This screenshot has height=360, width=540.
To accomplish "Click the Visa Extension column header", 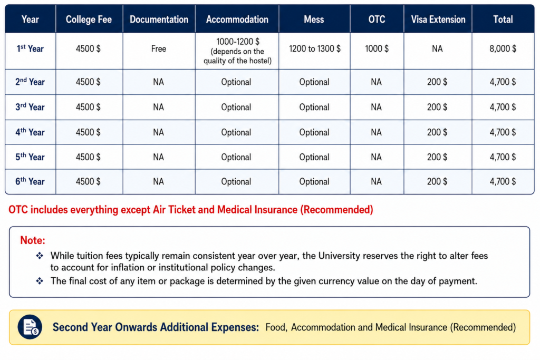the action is click(x=438, y=20).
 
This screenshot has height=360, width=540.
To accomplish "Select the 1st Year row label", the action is click(x=30, y=48).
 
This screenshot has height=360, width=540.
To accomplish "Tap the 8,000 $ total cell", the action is click(x=503, y=48).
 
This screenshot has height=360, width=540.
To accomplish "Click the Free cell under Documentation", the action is click(x=158, y=48).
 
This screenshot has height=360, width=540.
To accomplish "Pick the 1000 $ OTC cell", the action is click(x=377, y=48).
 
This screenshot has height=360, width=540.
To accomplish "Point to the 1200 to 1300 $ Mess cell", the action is click(x=314, y=48).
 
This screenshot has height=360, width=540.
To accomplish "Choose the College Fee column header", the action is click(x=89, y=20).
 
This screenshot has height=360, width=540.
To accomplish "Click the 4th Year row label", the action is click(x=30, y=132).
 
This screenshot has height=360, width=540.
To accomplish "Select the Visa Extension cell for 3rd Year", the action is click(x=437, y=107).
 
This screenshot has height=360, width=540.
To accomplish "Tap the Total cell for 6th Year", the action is click(x=503, y=181).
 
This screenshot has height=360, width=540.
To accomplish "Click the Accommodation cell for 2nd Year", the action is click(x=236, y=82).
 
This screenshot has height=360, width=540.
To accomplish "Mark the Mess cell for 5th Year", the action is click(x=314, y=157).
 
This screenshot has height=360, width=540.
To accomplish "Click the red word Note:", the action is click(x=33, y=240).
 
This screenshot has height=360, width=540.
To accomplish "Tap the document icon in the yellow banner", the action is click(x=30, y=327).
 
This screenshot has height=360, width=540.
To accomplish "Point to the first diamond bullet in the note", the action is click(x=40, y=255).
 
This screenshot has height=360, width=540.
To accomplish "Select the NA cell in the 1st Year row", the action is click(x=437, y=48).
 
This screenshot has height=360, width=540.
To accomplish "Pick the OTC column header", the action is click(x=377, y=20).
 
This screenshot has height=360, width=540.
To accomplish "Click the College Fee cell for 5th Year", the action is click(x=88, y=157).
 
